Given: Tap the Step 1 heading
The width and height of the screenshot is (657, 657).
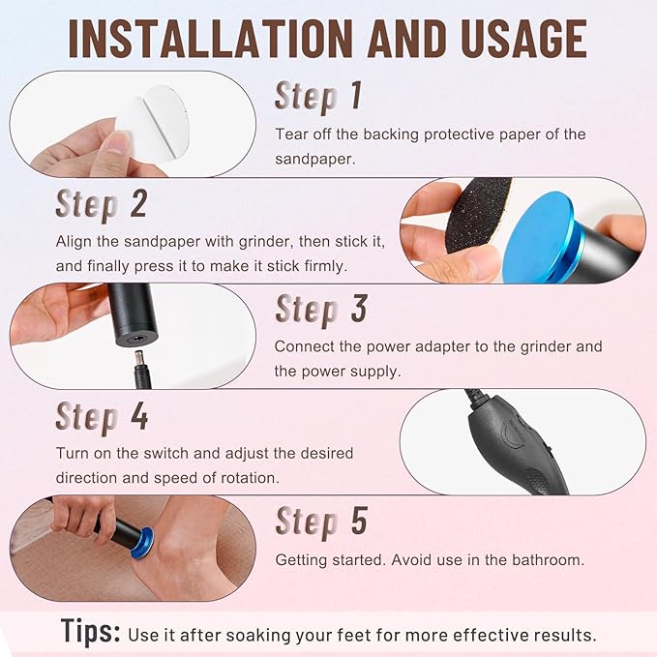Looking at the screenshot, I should [318, 97].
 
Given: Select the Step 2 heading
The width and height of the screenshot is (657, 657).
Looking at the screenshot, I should [102, 204].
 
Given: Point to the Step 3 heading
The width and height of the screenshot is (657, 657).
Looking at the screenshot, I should [321, 310].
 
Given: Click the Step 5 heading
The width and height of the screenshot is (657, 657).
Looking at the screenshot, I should [321, 522].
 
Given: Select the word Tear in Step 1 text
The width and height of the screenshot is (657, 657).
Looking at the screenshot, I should [291, 134].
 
